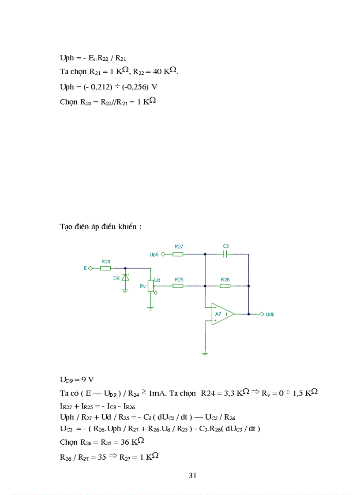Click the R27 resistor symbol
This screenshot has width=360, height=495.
(178, 254)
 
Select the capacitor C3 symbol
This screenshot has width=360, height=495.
(225, 254)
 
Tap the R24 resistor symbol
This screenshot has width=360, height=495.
(105, 268)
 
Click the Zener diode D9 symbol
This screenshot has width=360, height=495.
(125, 278)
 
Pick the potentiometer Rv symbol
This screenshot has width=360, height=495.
(150, 286)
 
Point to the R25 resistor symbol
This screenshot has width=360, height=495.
(178, 286)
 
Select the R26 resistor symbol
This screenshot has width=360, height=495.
(225, 286)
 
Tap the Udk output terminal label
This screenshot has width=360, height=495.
(270, 314)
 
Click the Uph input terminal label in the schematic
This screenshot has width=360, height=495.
(154, 254)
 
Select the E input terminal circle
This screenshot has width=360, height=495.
(90, 268)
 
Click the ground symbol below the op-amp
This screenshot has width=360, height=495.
(205, 353)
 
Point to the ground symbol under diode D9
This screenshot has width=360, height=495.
(125, 290)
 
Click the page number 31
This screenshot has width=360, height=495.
(192, 476)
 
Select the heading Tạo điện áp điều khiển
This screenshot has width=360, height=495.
(101, 227)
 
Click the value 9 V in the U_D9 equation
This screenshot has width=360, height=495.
(87, 379)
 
